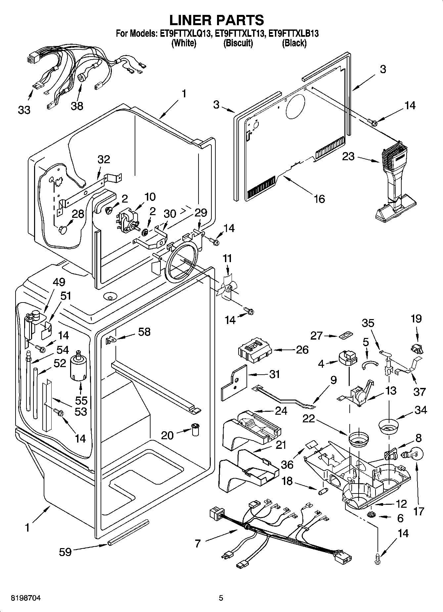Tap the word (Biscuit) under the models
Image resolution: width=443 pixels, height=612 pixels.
point(238,43)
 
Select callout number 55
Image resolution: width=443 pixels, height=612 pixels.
point(81,400)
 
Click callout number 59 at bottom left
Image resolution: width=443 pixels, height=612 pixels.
point(65,552)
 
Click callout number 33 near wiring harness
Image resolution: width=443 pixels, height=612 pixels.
point(24,110)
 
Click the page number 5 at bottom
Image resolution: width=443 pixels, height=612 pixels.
point(221,598)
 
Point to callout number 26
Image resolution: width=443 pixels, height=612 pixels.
point(302,350)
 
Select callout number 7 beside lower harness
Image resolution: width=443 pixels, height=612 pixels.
point(198,543)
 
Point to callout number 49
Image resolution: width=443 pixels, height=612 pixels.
point(59,282)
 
